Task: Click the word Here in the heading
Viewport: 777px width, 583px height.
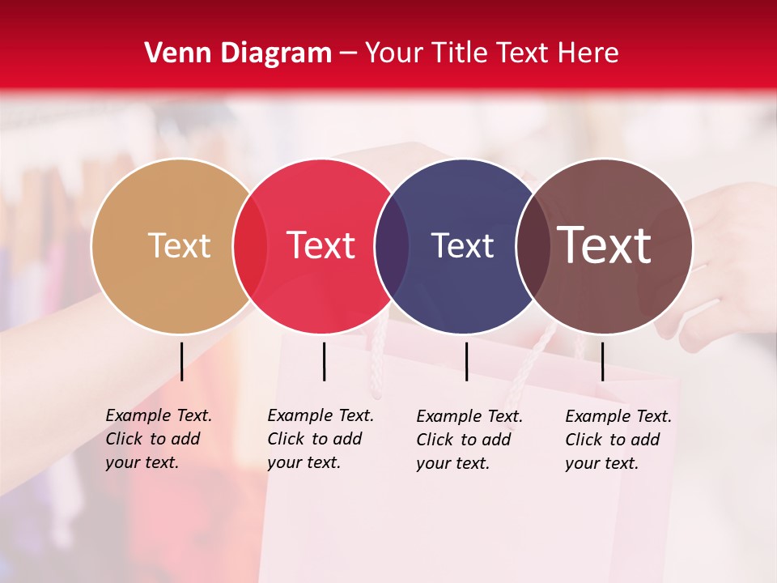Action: [x=588, y=53]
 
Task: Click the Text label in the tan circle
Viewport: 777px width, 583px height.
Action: [x=179, y=245]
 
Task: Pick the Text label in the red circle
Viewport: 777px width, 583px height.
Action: [x=321, y=245]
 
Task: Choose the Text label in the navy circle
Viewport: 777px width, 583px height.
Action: [x=463, y=245]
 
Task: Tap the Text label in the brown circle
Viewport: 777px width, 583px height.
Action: [x=605, y=245]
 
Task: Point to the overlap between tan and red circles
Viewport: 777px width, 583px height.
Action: [x=250, y=246]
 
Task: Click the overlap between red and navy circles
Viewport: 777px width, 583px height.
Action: [x=392, y=246]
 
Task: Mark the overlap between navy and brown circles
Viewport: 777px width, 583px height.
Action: [x=533, y=246]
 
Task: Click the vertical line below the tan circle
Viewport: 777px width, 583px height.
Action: [x=181, y=361]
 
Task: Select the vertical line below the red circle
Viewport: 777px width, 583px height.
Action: [x=324, y=361]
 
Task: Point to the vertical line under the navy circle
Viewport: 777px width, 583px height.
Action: [x=466, y=361]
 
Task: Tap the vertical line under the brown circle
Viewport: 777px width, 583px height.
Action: [x=602, y=361]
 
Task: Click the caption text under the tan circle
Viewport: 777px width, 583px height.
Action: [x=159, y=439]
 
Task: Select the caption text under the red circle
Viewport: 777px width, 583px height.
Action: [x=321, y=439]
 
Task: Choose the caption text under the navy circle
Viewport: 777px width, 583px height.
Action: [x=469, y=440]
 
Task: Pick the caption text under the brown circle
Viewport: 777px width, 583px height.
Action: [x=618, y=440]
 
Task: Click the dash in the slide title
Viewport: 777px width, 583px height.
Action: [x=348, y=53]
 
